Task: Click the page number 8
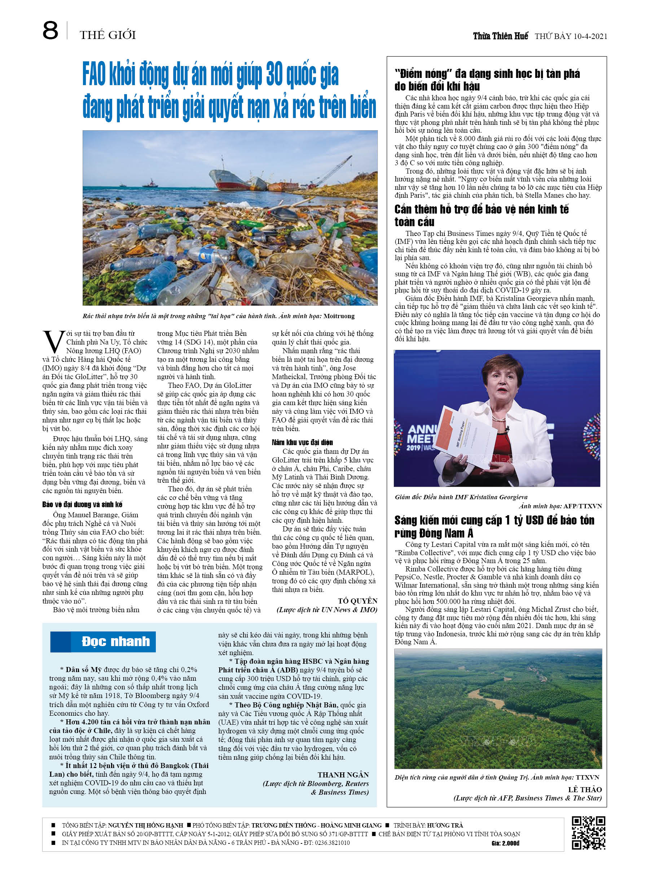(x=50, y=31)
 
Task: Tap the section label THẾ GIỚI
(x=107, y=35)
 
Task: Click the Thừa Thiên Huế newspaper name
(x=500, y=36)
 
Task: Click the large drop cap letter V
(x=53, y=341)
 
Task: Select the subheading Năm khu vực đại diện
(x=302, y=442)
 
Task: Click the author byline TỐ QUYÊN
(x=357, y=601)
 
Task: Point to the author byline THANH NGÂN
(x=343, y=775)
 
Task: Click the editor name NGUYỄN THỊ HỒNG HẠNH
(x=145, y=825)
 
